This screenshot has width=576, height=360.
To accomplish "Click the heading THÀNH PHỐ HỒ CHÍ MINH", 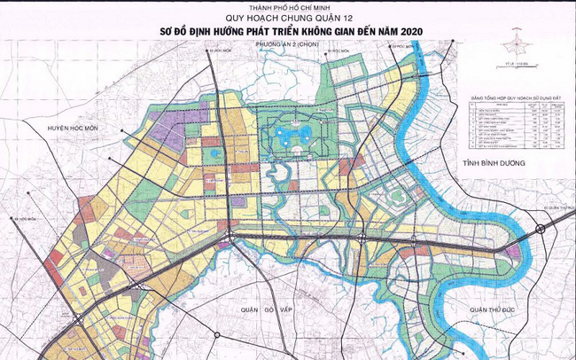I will click(x=288, y=10).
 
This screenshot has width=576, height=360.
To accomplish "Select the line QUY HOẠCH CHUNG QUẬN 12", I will click(x=288, y=20).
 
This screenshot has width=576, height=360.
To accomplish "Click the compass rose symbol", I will click(x=513, y=43).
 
